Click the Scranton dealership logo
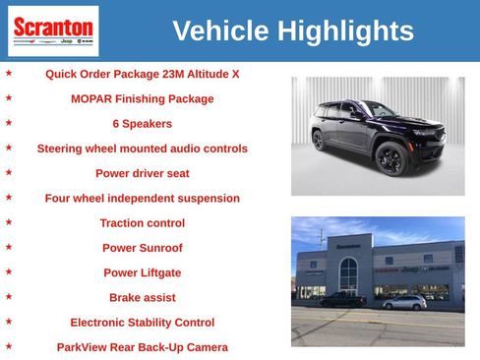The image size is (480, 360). point(53,30)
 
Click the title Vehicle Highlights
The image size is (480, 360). point(292,31)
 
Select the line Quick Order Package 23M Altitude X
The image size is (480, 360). point(142,74)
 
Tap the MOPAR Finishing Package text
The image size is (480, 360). point(142,98)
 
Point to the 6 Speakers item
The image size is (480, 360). point(142,124)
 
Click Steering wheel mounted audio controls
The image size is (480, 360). point(142,149)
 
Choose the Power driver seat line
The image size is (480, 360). point(142,173)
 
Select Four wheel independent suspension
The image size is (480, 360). point(142,198)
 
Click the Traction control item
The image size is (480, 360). point(142,223)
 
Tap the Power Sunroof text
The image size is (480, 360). point(142,248)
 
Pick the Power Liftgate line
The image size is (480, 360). point(142,272)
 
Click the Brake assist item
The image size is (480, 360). point(142,297)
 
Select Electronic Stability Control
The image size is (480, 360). point(142,322)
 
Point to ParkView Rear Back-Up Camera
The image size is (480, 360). point(142,347)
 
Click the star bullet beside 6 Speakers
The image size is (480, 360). point(9,123)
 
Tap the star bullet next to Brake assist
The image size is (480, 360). point(9,296)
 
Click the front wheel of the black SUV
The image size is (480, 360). point(391,160)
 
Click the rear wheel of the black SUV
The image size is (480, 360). point(319,141)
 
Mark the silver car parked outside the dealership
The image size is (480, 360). point(404,303)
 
